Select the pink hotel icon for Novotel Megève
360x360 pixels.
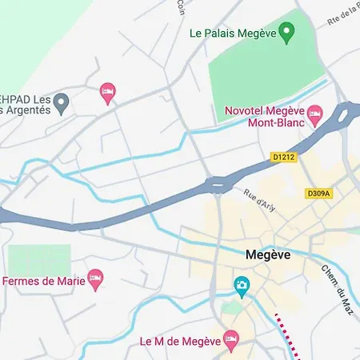[315, 114]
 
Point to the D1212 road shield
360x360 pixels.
[283, 158]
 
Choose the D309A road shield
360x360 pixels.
[319, 193]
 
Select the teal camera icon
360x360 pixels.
[241, 285]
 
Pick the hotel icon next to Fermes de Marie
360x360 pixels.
[96, 279]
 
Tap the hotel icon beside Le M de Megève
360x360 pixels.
[231, 340]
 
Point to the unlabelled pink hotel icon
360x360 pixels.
[107, 94]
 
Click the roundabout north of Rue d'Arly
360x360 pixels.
[218, 185]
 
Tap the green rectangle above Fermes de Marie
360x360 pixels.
[38, 258]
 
